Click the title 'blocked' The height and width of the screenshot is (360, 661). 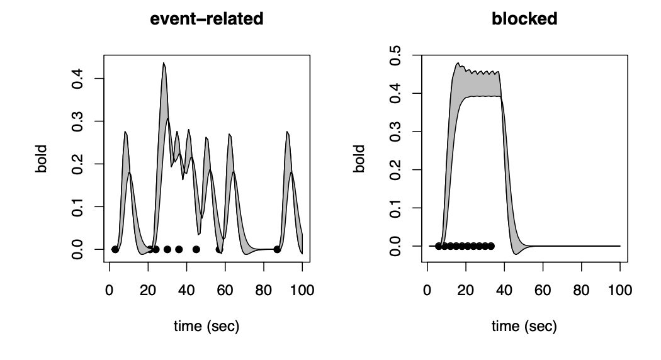coord(524,20)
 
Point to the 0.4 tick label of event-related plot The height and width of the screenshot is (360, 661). coord(77,79)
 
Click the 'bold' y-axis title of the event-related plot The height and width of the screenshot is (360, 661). coord(42,159)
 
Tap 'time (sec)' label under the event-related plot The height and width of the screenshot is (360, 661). coord(206,327)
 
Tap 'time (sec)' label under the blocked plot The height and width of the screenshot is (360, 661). coord(524,327)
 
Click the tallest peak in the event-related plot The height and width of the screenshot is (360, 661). coord(164,64)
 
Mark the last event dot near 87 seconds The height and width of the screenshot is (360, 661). coord(277,249)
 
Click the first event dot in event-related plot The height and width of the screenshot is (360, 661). coord(115,249)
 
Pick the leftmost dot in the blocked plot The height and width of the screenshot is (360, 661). coord(438,245)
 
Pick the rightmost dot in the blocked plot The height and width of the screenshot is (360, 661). coord(491,245)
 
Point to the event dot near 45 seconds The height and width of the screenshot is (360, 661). coord(196,249)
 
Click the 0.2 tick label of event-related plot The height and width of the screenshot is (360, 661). coord(77,164)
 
